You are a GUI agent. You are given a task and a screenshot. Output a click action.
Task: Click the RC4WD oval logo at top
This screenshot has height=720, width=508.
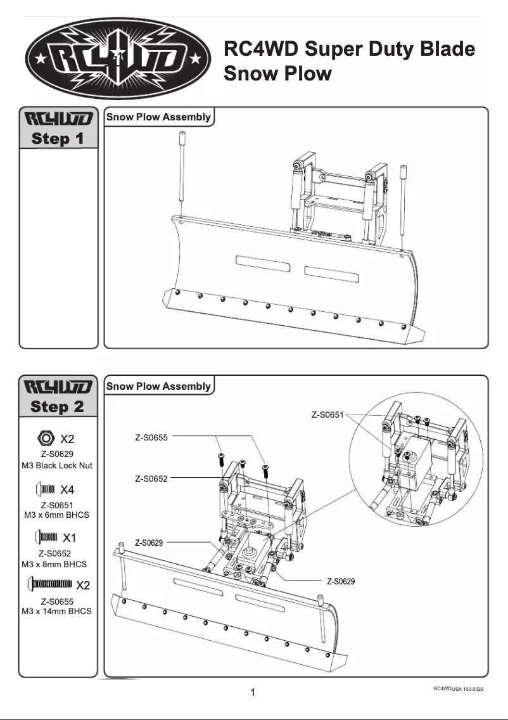click(119, 61)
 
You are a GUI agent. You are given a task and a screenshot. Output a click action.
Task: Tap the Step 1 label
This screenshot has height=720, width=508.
click(58, 138)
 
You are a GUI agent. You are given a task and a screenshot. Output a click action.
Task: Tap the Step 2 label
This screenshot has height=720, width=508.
click(58, 406)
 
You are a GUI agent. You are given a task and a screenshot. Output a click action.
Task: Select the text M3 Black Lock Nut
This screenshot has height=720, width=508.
click(57, 465)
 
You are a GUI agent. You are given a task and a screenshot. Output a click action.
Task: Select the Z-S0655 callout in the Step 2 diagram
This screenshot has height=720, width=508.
click(151, 437)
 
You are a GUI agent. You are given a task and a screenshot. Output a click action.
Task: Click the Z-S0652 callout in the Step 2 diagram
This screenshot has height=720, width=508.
click(151, 479)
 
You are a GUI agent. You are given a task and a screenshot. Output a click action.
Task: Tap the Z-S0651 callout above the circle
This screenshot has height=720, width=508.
click(327, 415)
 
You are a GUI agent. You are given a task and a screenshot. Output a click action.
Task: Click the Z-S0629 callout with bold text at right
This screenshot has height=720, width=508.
click(341, 581)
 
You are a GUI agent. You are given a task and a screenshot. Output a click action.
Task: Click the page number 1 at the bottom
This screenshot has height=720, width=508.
click(253, 693)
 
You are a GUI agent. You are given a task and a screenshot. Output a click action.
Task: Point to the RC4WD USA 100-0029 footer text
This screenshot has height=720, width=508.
click(459, 688)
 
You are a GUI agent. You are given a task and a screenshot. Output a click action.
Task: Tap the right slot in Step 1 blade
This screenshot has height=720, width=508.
click(332, 273)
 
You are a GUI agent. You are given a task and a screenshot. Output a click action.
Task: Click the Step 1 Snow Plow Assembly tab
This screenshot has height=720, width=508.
click(158, 117)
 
